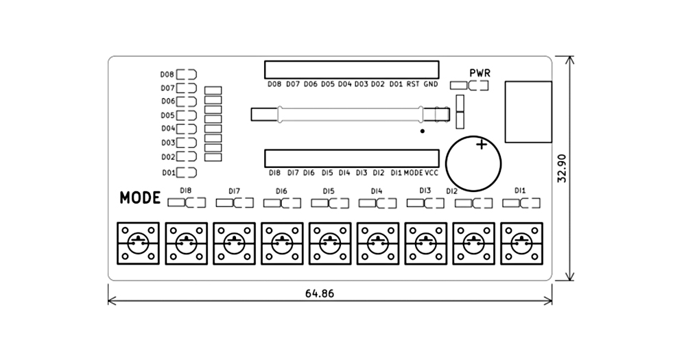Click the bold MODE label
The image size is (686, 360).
[140, 198]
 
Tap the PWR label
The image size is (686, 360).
[480, 73]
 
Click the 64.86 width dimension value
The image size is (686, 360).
[320, 293]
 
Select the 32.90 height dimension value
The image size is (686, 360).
[562, 168]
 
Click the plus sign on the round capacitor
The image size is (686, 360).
[482, 145]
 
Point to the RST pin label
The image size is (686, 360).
[413, 84]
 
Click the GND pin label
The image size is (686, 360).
[430, 84]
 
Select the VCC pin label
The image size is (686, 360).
[431, 173]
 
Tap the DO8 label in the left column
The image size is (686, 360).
[167, 74]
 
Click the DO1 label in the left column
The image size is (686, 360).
[168, 173]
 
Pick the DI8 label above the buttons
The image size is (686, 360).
[185, 190]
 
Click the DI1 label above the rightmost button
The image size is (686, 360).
[520, 190]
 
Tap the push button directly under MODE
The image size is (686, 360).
[138, 242]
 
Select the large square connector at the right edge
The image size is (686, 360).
[528, 112]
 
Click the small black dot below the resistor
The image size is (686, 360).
[423, 131]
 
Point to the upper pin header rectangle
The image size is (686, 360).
[351, 69]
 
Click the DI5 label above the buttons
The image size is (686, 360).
[328, 191]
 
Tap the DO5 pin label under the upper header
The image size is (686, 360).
[327, 84]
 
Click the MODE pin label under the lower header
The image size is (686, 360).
[413, 173]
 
